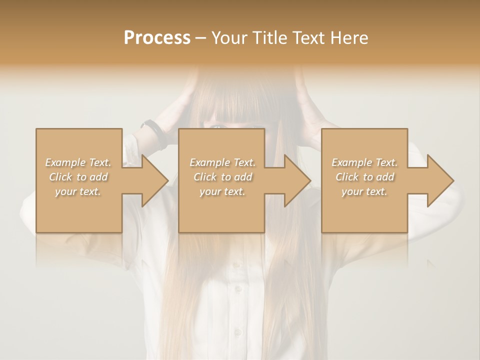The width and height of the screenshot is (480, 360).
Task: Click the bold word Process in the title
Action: click(157, 38)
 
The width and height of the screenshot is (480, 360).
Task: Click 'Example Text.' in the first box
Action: click(78, 162)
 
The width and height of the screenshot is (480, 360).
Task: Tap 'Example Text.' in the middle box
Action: click(222, 162)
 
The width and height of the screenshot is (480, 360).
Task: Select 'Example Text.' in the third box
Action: click(364, 162)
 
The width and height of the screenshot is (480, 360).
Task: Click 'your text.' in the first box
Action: click(78, 191)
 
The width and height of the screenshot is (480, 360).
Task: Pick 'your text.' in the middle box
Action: click(222, 191)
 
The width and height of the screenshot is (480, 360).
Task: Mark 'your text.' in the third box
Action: click(364, 191)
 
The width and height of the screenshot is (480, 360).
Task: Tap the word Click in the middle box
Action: click(205, 177)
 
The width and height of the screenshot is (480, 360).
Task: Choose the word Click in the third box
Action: click(347, 177)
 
